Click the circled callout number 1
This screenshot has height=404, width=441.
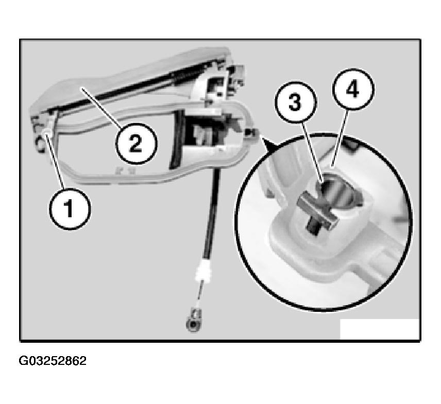(70, 209)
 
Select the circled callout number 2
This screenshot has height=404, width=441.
(136, 144)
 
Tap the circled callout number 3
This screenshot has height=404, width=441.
(296, 102)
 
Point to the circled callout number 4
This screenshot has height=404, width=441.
(353, 89)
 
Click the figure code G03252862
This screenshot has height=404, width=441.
(53, 361)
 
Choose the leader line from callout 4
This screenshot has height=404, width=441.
(340, 137)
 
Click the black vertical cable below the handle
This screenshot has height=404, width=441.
(211, 213)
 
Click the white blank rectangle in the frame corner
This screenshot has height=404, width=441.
(379, 329)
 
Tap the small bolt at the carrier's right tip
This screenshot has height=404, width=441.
(250, 133)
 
